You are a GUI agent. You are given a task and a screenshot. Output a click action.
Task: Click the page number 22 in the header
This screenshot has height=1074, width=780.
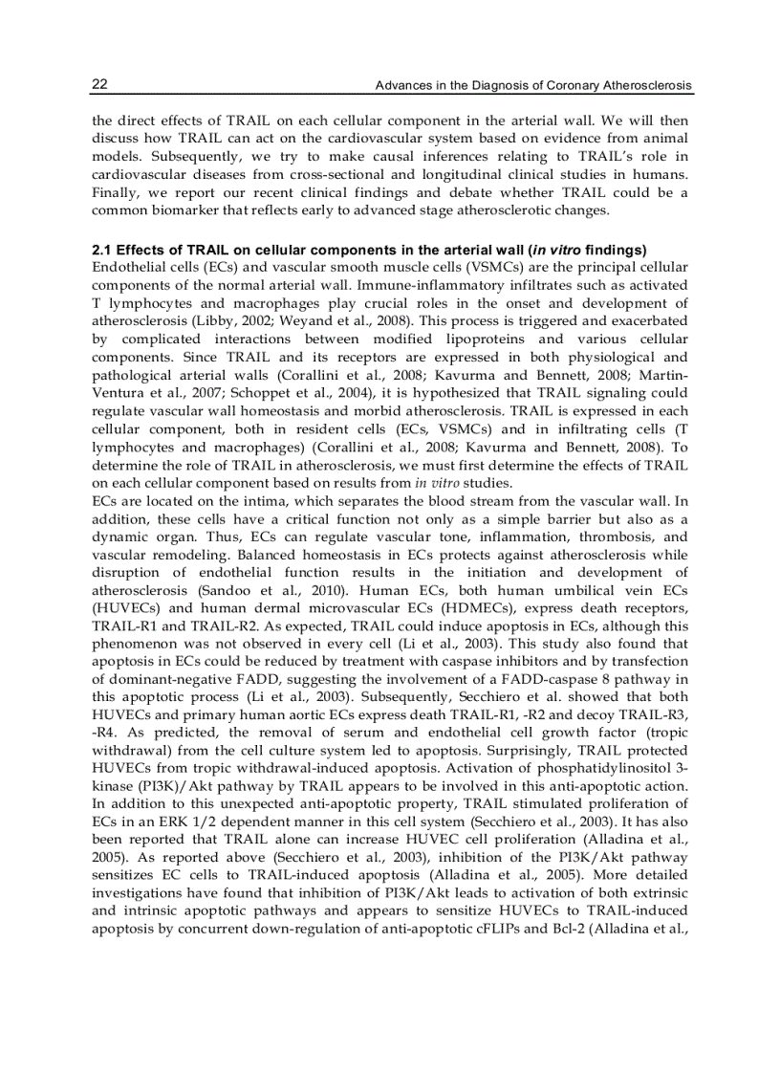click(x=98, y=86)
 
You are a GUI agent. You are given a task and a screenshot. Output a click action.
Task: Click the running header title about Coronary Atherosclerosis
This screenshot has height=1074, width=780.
click(x=533, y=87)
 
